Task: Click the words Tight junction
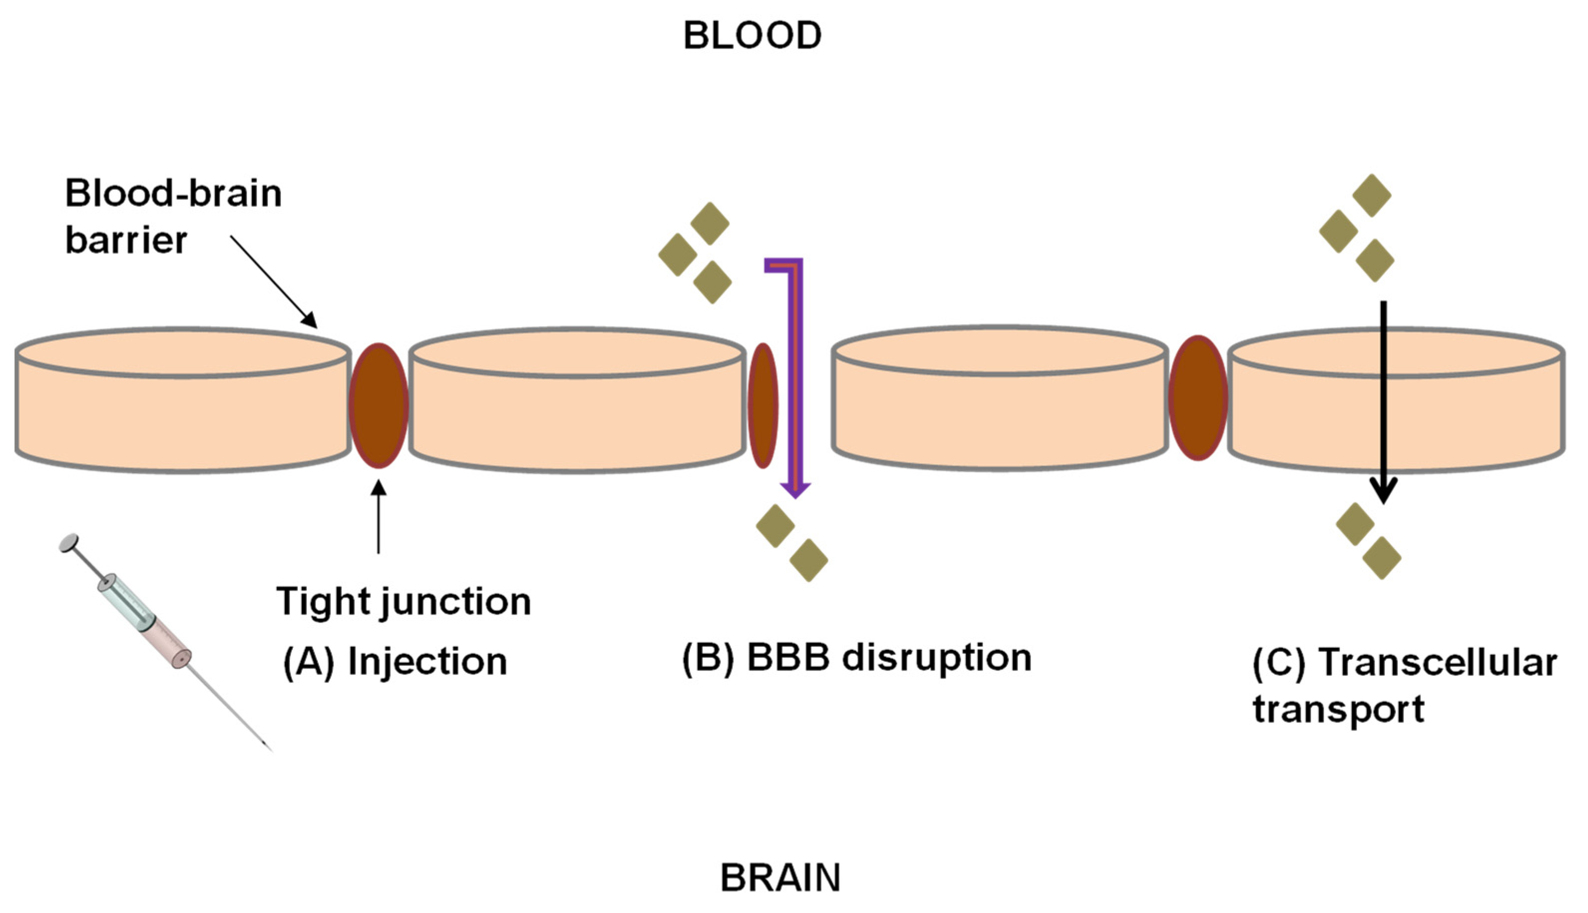tap(403, 602)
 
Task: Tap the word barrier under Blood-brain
tap(126, 240)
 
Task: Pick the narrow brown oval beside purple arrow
tap(763, 405)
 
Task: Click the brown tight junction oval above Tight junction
tap(379, 405)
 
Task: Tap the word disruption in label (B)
tap(936, 658)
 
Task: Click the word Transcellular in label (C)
tap(1437, 662)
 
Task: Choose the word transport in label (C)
tap(1338, 709)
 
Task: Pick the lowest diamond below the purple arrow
tap(808, 560)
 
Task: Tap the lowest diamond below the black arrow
tap(1382, 558)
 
